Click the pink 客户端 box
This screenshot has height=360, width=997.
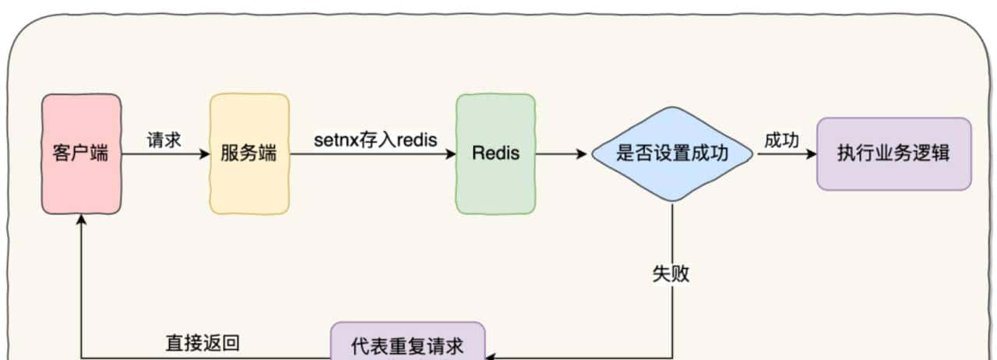[81, 154]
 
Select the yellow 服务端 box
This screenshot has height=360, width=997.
[248, 154]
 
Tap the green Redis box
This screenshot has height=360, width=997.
[495, 154]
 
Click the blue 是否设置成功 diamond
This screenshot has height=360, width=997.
[671, 154]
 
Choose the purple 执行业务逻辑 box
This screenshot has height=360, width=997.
[893, 154]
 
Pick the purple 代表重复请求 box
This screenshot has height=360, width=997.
[407, 344]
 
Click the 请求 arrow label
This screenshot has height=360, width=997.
[164, 139]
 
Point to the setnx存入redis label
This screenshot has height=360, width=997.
[375, 139]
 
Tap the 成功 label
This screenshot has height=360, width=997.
[781, 139]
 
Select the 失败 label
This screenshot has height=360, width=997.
[671, 274]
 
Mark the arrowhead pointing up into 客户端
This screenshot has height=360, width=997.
[82, 221]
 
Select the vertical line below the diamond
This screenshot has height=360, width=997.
[671, 234]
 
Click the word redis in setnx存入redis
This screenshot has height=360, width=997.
[418, 139]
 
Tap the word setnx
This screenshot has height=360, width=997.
[334, 139]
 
